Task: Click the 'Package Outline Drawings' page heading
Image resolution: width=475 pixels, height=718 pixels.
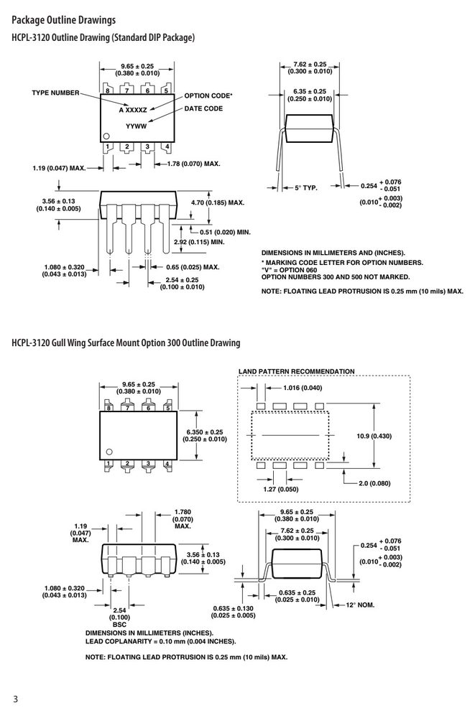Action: click(x=64, y=20)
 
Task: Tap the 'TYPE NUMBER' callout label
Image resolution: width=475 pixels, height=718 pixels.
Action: click(x=55, y=93)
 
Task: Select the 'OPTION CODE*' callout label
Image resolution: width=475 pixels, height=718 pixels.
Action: click(x=208, y=95)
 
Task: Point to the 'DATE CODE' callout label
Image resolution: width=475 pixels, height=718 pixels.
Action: click(x=203, y=108)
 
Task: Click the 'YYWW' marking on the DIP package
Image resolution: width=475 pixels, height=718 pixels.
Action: click(x=137, y=126)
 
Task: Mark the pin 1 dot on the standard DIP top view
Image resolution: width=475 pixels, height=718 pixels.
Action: click(x=106, y=136)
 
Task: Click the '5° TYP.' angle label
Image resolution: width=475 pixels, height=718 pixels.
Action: click(x=306, y=187)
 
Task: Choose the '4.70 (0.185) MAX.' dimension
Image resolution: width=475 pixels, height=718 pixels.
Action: click(x=217, y=202)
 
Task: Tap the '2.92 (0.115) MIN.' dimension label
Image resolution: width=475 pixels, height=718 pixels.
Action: click(x=200, y=242)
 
